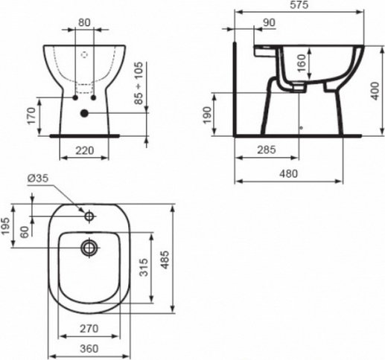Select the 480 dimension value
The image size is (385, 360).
point(300,173)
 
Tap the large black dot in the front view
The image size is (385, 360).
point(84,112)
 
